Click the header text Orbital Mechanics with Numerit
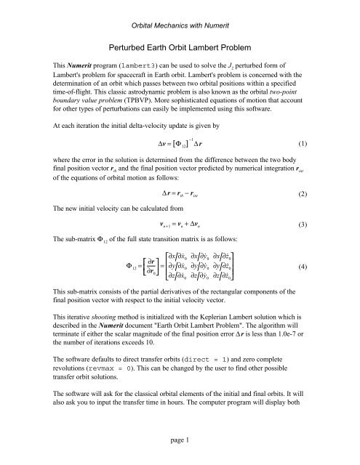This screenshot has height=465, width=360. point(180,7)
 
